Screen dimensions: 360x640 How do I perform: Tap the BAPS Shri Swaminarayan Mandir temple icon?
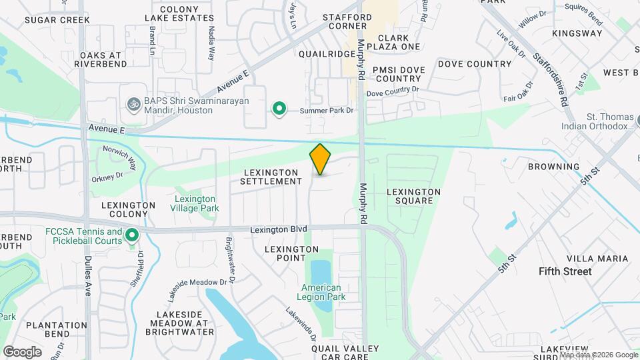pyautogui.click(x=132, y=105)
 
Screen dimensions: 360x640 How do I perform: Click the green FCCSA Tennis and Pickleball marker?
pyautogui.click(x=132, y=235)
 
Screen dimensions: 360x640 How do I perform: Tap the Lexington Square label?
pyautogui.click(x=413, y=196)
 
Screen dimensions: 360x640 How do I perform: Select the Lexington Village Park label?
pyautogui.click(x=195, y=203)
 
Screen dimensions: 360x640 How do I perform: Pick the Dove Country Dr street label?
pyautogui.click(x=393, y=91)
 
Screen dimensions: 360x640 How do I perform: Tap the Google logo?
pyautogui.click(x=22, y=351)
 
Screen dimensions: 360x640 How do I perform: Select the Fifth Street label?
pyautogui.click(x=565, y=271)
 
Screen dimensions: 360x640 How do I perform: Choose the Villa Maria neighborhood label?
pyautogui.click(x=597, y=258)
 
